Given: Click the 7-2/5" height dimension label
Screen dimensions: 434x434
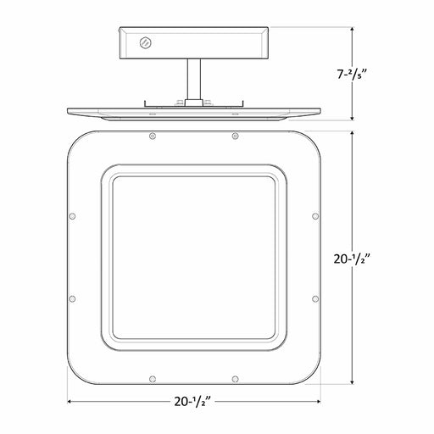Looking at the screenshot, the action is coord(352,75).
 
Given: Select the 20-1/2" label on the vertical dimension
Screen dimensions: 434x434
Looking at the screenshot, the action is coord(352,259).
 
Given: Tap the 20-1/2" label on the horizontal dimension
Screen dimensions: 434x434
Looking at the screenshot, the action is coord(193,401).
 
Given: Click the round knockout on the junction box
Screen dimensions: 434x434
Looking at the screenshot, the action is coord(146,43).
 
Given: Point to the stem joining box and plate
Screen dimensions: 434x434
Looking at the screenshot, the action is coord(194,79).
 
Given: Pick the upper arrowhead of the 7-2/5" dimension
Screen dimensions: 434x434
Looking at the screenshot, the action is coord(352,30).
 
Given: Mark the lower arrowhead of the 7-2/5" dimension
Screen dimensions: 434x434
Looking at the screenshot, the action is coord(352,118).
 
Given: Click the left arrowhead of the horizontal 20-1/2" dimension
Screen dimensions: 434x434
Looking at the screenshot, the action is coord(70,401).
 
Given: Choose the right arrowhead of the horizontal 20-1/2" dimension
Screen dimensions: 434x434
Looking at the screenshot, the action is coord(318,401).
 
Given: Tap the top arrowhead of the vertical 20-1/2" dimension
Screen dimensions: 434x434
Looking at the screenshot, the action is coord(352,134).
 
